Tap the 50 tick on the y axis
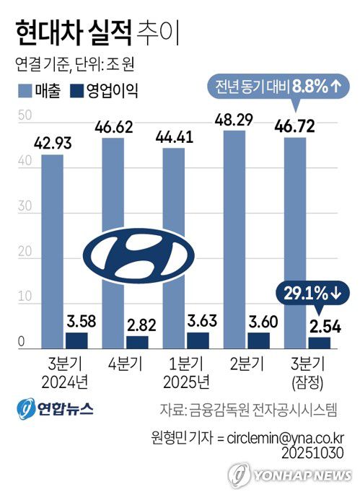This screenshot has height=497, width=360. (x=25, y=115)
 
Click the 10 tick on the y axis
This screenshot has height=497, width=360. (x=25, y=296)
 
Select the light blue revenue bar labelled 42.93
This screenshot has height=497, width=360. (x=52, y=245)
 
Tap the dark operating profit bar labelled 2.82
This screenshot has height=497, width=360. (x=137, y=341)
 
